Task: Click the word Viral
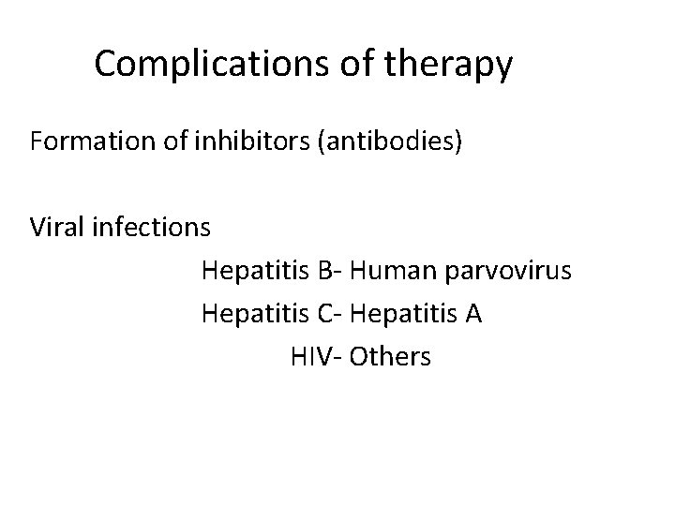tap(55, 228)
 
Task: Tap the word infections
tap(150, 228)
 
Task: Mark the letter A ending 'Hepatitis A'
tap(473, 313)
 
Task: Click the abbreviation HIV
tap(309, 356)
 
